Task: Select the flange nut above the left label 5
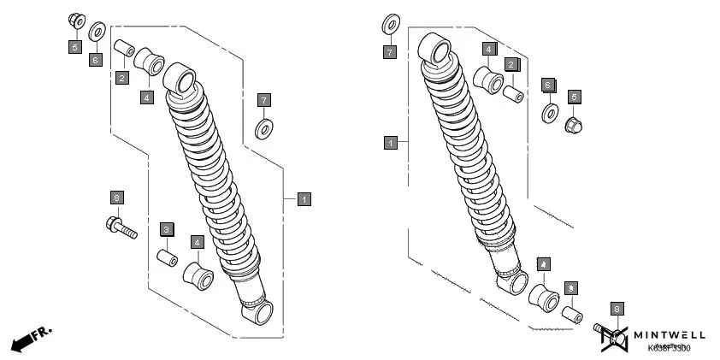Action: (74, 21)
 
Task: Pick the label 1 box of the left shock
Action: (304, 198)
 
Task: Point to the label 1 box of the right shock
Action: (390, 142)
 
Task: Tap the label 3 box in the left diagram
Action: (167, 229)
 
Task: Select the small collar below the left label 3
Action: (166, 257)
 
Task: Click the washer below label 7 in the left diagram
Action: (264, 130)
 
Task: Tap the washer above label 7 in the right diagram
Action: (390, 23)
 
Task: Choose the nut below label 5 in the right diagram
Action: (573, 126)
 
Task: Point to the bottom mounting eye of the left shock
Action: (257, 314)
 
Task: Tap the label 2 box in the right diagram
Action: (511, 64)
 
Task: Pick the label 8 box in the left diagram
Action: (117, 198)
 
